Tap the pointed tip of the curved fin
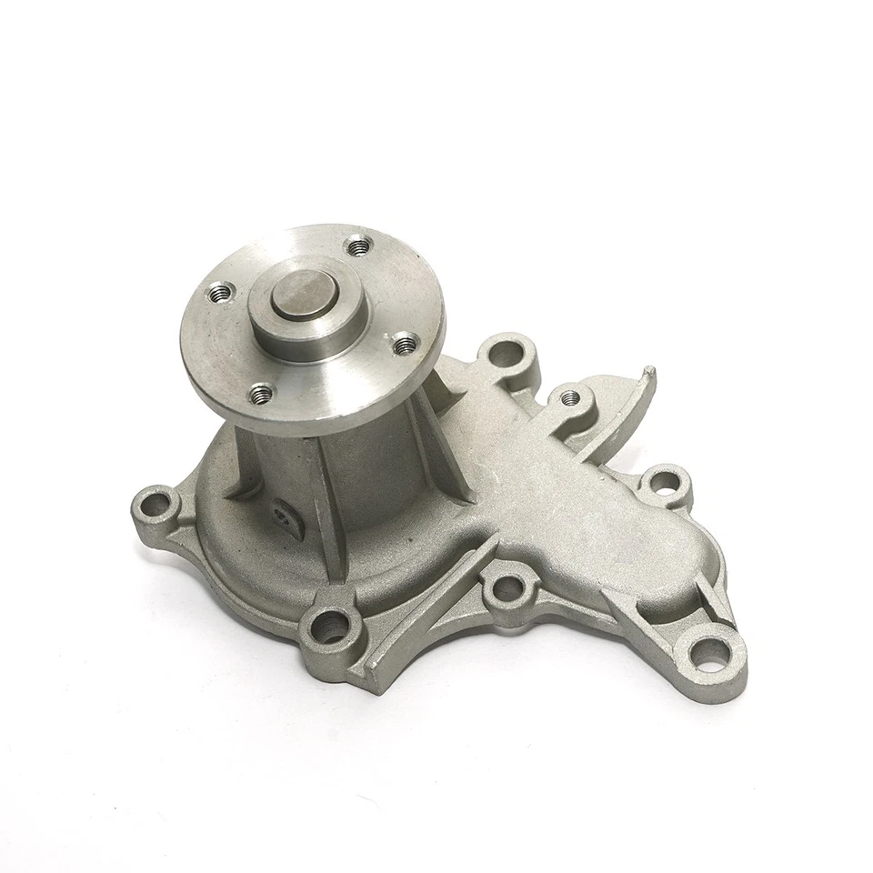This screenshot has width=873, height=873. point(648,371)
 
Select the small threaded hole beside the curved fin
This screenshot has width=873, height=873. point(571,396)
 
